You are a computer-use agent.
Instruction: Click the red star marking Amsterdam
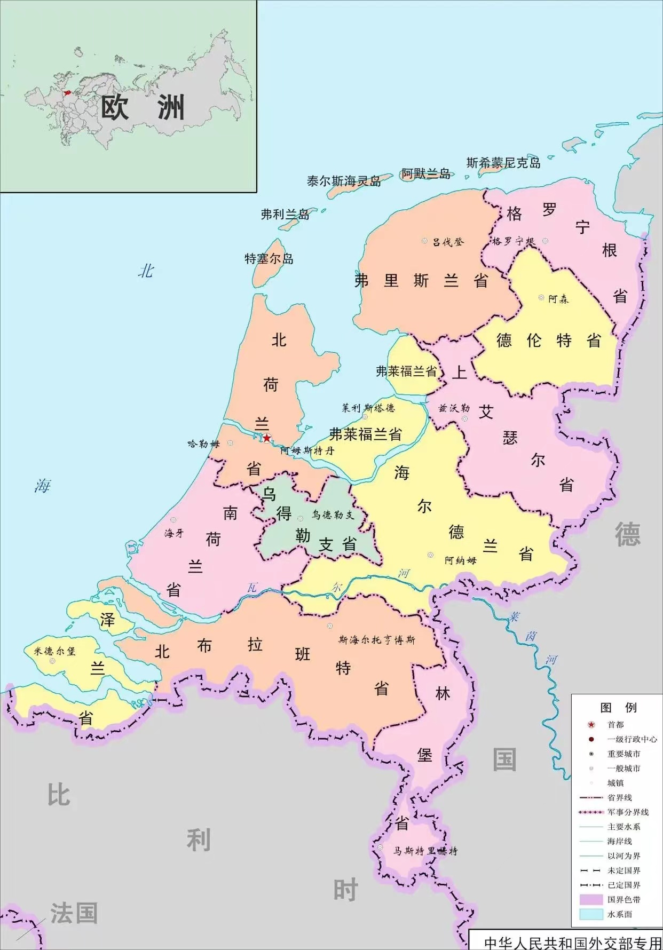click(x=267, y=438)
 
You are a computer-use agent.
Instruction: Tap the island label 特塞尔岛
click(x=269, y=259)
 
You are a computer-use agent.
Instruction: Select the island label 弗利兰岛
click(x=285, y=215)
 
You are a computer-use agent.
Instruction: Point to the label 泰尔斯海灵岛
click(x=344, y=181)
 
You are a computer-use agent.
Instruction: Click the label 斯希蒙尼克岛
click(x=503, y=163)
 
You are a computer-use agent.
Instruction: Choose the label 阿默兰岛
click(x=426, y=174)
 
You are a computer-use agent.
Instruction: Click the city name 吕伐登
click(x=448, y=242)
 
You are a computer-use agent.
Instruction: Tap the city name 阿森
click(x=558, y=299)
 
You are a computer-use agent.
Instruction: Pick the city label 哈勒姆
click(x=203, y=444)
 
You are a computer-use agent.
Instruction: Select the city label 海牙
click(x=174, y=533)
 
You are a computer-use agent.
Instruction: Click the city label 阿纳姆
click(x=460, y=560)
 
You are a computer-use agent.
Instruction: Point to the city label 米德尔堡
click(x=54, y=651)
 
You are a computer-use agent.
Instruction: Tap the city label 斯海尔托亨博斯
click(x=377, y=640)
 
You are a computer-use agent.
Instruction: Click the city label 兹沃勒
click(x=454, y=408)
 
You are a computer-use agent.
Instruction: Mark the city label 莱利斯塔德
click(x=368, y=408)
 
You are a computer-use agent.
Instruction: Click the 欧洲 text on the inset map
click(x=143, y=108)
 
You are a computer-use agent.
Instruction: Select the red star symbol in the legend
click(x=591, y=725)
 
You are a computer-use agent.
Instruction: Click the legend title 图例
click(x=618, y=708)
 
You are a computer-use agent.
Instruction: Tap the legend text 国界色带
click(x=623, y=899)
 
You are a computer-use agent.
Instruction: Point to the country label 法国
click(x=74, y=913)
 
